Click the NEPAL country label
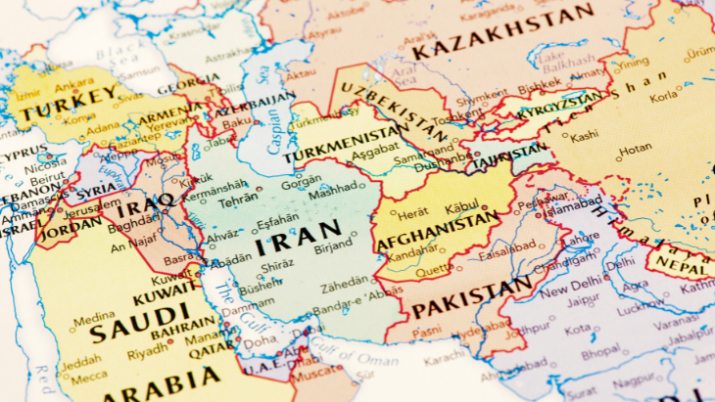(680, 261)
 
